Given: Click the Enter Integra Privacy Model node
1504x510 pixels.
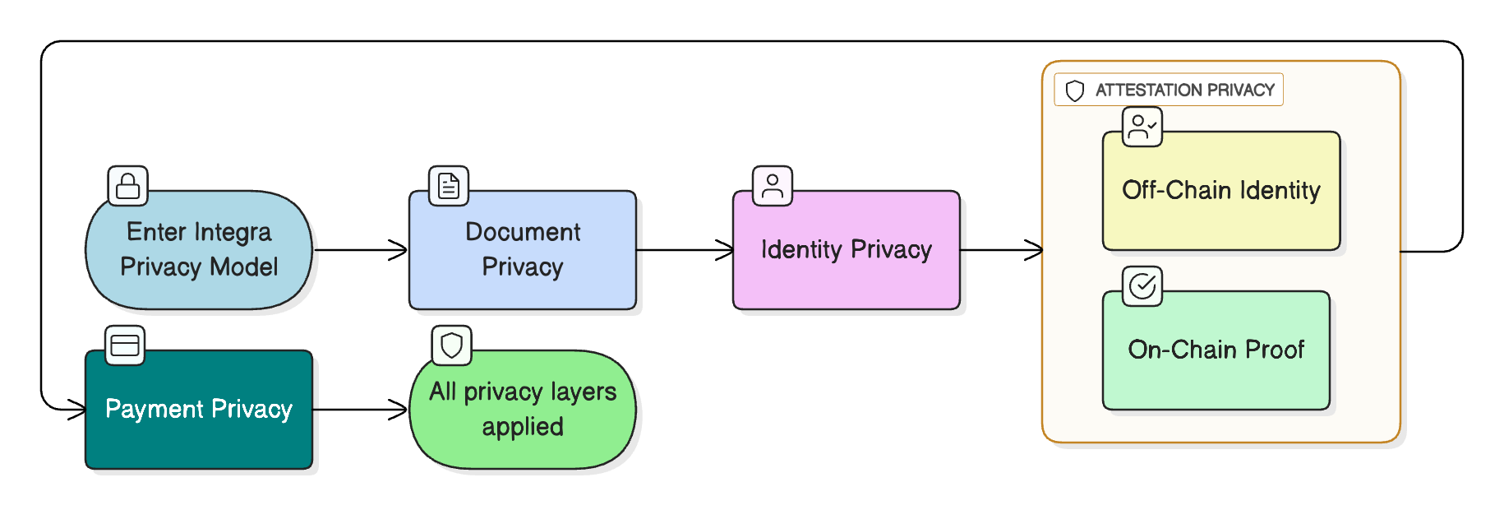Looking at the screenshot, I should (x=199, y=250).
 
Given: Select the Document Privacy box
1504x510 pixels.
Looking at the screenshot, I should (x=523, y=250).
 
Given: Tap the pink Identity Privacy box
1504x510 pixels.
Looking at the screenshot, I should (x=846, y=250).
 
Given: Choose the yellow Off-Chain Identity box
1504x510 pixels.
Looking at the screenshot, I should (x=1220, y=191).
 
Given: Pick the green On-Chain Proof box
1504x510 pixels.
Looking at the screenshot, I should (x=1216, y=350).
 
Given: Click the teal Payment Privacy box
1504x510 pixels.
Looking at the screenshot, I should (x=199, y=410).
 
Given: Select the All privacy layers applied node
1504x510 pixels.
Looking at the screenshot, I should (x=523, y=410).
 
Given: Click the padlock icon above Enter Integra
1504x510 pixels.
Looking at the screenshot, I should (x=128, y=186).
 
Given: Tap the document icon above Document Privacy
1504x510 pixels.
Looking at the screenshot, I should (x=449, y=186).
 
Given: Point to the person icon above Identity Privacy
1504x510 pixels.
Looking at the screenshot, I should (x=773, y=186).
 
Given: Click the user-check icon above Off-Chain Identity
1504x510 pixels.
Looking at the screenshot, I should (x=1142, y=127).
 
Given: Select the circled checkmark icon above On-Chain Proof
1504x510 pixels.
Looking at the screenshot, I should (x=1142, y=286).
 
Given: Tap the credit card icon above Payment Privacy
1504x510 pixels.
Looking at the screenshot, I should (x=125, y=345).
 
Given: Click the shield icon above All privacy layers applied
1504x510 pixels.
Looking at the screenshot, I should (x=452, y=345).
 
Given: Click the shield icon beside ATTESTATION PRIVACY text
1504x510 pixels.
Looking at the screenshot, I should (x=1075, y=90).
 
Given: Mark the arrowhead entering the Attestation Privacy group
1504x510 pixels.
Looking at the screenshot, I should (x=1034, y=250).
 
